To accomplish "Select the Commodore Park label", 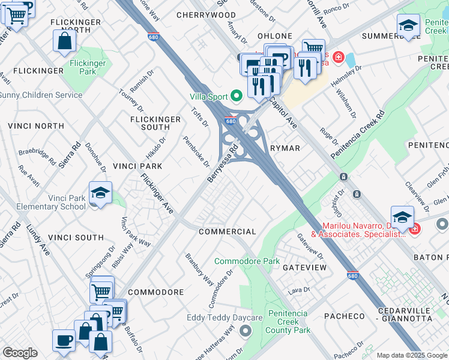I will click(247, 262).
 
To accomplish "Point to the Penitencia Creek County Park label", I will click(288, 322).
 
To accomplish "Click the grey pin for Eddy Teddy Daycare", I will click(245, 331).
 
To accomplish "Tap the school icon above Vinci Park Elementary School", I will click(101, 193).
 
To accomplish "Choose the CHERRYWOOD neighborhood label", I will click(206, 14).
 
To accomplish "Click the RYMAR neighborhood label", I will click(285, 148).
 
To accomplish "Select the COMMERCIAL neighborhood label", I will click(227, 232).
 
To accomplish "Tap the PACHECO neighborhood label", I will click(345, 316).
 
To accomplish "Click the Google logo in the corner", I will click(20, 353).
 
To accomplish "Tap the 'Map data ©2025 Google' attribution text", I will click(411, 355).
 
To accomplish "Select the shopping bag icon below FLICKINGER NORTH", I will click(65, 42).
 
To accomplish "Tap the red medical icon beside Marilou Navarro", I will click(414, 228).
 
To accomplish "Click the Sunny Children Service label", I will click(41, 95).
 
